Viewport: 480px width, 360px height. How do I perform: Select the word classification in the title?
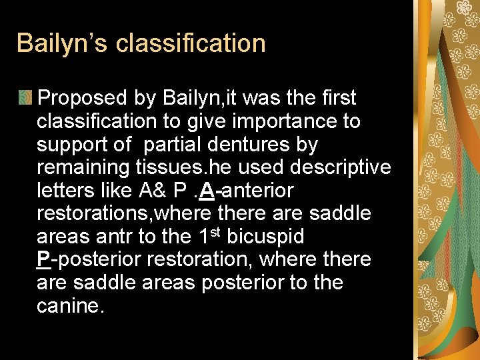191,43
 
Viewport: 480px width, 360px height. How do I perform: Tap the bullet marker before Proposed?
26,98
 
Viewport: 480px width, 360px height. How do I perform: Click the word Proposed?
83,98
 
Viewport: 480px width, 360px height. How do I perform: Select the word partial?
175,144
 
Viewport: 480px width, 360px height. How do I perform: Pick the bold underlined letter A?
206,191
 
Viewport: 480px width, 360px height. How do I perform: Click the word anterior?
257,191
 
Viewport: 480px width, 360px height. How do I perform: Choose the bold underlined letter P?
43,259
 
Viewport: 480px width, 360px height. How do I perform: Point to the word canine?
71,306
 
